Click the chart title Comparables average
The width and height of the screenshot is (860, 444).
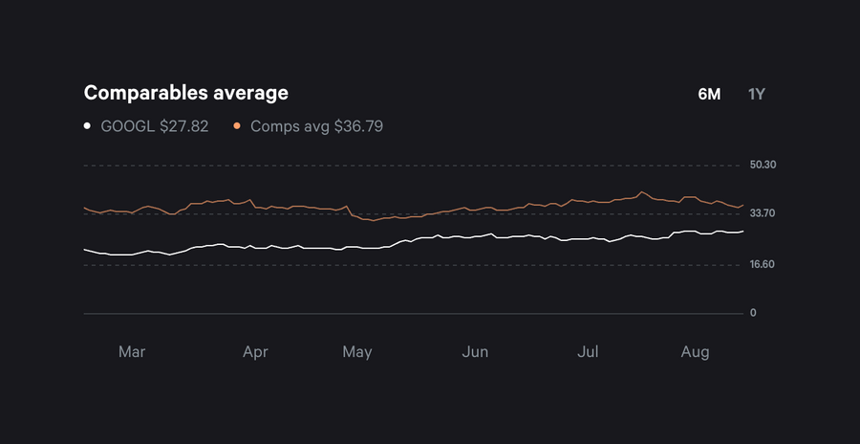185,93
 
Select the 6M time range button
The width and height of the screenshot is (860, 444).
709,94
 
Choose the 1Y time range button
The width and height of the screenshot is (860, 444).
757,94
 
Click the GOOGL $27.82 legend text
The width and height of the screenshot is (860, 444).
154,126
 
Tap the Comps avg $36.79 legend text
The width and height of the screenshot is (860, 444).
316,126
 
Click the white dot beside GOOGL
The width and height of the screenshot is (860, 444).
87,126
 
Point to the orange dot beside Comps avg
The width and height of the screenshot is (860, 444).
236,126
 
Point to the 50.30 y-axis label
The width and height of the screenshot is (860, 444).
763,165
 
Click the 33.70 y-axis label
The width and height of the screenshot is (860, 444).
763,213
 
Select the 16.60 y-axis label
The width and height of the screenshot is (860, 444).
763,265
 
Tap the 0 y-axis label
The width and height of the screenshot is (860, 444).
753,313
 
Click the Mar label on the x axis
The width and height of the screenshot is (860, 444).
132,352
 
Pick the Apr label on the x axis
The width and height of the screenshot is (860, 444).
255,352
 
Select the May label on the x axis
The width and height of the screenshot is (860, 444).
356,352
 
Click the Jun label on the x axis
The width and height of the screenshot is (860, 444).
475,352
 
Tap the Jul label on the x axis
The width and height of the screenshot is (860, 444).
589,352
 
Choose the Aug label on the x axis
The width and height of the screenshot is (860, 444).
695,352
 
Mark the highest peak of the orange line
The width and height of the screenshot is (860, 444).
642,191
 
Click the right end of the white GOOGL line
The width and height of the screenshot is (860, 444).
742,231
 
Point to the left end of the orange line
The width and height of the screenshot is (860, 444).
85,208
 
